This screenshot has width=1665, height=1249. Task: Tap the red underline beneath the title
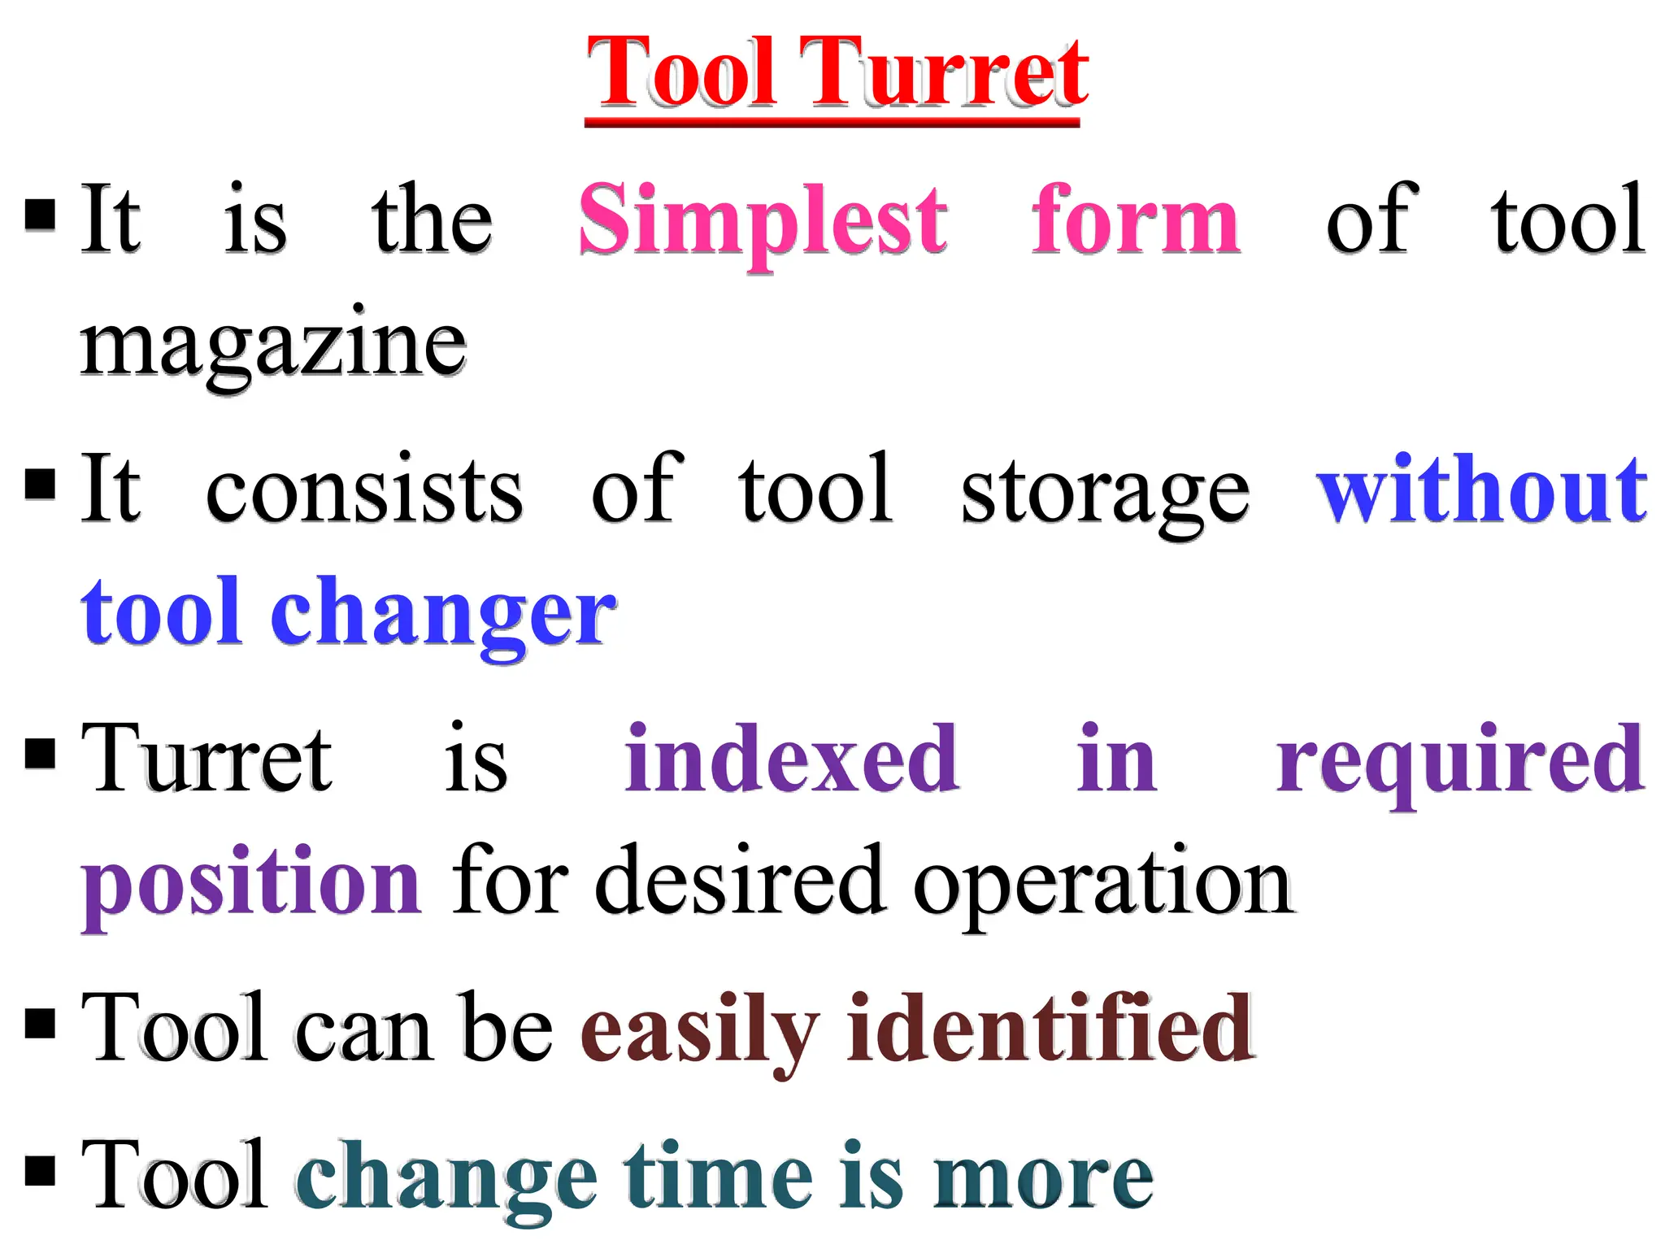[x=831, y=122]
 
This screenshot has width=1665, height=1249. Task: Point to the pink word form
[x=1135, y=220]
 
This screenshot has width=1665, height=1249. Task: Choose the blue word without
[x=1481, y=490]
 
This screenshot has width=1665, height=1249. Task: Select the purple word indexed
[x=792, y=759]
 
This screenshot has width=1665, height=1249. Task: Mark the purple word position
[x=251, y=885]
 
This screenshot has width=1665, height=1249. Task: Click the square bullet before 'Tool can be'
[x=40, y=1025]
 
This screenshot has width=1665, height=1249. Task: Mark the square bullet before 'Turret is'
[x=40, y=754]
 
